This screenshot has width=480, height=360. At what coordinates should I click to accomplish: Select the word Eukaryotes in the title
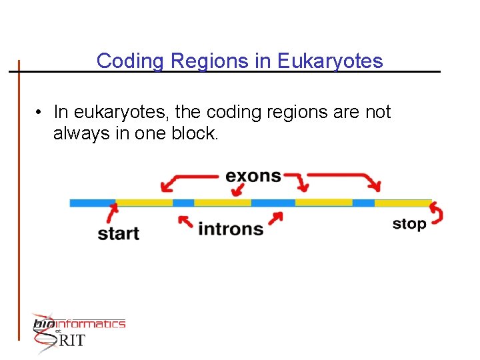pos(330,61)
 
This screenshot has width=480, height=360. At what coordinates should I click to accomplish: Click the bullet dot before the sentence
pos(41,113)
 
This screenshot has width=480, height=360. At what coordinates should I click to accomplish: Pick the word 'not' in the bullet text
pos(378,113)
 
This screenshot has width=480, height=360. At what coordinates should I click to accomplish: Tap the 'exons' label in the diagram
pos(253,176)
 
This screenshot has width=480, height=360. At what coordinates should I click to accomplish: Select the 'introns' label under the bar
pos(231,229)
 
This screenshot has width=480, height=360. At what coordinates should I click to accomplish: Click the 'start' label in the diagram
pos(118,233)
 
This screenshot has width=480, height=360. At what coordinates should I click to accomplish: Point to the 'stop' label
pos(409,224)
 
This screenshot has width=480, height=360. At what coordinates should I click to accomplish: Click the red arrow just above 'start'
pos(112,213)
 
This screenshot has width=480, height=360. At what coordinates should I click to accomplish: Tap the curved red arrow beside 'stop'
pos(437,213)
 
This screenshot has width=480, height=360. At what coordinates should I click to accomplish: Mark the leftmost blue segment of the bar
pos(92,202)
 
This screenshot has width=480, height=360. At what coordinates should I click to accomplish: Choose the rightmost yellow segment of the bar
pos(403,202)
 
